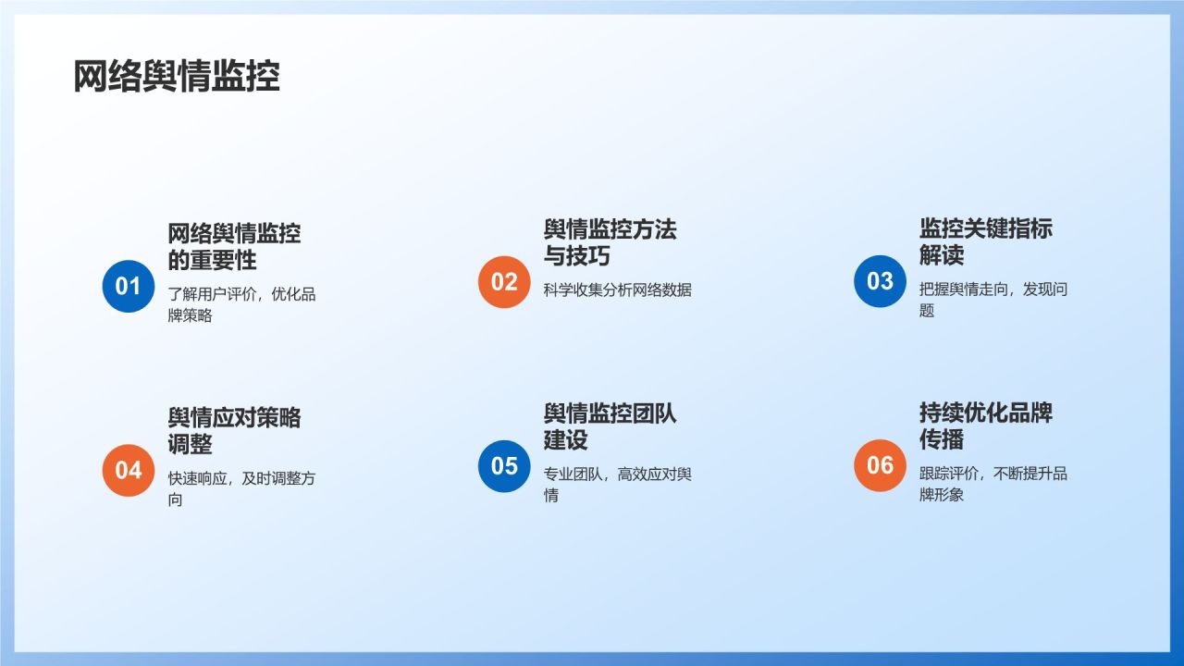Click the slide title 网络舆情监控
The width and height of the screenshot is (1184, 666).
click(x=176, y=78)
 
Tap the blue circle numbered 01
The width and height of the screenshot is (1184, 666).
click(x=128, y=286)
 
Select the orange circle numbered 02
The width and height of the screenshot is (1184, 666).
click(x=504, y=281)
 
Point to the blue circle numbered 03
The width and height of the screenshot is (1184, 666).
click(x=880, y=281)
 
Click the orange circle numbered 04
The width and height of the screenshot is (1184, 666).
click(x=128, y=470)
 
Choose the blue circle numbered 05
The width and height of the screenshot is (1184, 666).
click(x=504, y=465)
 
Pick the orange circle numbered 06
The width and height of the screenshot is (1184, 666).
click(x=880, y=465)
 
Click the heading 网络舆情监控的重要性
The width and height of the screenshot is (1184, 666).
click(x=234, y=247)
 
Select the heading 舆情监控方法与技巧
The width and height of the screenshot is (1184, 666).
click(x=610, y=242)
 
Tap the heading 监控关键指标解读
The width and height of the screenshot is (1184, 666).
click(x=985, y=242)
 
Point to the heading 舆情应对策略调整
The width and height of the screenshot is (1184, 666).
click(x=234, y=431)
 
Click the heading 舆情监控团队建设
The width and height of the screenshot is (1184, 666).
click(x=610, y=426)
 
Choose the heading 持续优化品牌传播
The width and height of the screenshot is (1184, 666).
click(x=985, y=426)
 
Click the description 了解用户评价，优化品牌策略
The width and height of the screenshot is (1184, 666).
click(x=241, y=305)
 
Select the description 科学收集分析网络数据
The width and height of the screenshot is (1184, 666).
click(x=617, y=290)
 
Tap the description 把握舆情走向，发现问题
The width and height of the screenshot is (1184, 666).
click(x=993, y=300)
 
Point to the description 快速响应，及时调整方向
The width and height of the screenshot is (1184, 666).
click(x=241, y=489)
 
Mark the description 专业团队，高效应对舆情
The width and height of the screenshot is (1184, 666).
click(x=617, y=485)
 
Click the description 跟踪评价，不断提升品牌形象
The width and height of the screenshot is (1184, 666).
click(x=993, y=484)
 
